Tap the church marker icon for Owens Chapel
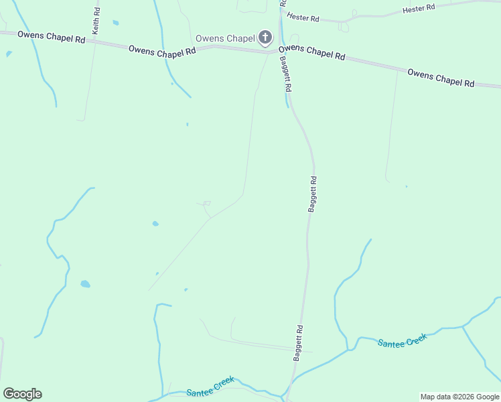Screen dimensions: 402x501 point(265,38)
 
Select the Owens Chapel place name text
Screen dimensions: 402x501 point(225,39)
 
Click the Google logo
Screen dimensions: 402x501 point(22,394)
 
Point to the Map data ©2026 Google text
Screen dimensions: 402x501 point(459,397)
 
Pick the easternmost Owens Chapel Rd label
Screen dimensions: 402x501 point(441,78)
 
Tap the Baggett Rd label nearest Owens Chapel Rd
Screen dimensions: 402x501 point(286,74)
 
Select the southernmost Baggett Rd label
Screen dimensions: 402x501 point(299,343)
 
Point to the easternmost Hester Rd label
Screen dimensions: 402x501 point(419,8)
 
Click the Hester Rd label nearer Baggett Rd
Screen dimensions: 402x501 point(302,16)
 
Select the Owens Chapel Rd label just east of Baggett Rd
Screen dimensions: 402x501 point(311,52)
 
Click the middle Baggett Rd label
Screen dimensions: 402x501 point(312,194)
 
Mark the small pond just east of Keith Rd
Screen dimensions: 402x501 point(116,23)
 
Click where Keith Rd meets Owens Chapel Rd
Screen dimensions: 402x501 point(94,42)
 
